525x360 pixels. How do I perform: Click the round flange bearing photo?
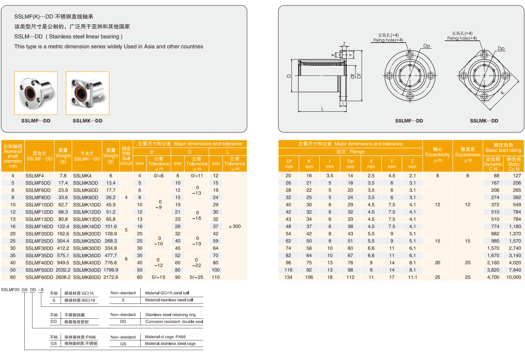(36, 93)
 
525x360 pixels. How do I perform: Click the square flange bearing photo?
(87, 93)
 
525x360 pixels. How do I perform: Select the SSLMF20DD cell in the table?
(39, 234)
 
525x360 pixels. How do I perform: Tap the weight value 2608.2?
(63, 277)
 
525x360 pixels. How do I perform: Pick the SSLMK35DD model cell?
(87, 255)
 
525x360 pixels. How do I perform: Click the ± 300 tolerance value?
(235, 226)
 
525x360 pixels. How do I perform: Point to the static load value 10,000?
(513, 277)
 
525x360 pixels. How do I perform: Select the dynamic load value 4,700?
(493, 277)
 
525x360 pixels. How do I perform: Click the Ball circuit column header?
(126, 156)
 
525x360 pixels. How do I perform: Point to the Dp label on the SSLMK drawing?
(501, 49)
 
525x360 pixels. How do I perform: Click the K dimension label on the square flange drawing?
(503, 92)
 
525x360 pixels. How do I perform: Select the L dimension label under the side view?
(322, 109)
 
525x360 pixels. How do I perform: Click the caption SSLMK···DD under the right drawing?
(484, 121)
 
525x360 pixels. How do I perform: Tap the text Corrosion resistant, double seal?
(174, 321)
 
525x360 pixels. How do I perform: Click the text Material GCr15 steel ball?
(167, 293)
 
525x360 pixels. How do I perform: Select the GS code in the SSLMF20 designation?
(25, 289)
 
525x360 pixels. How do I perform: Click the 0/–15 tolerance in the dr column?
(159, 277)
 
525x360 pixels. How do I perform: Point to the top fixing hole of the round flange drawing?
(410, 55)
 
